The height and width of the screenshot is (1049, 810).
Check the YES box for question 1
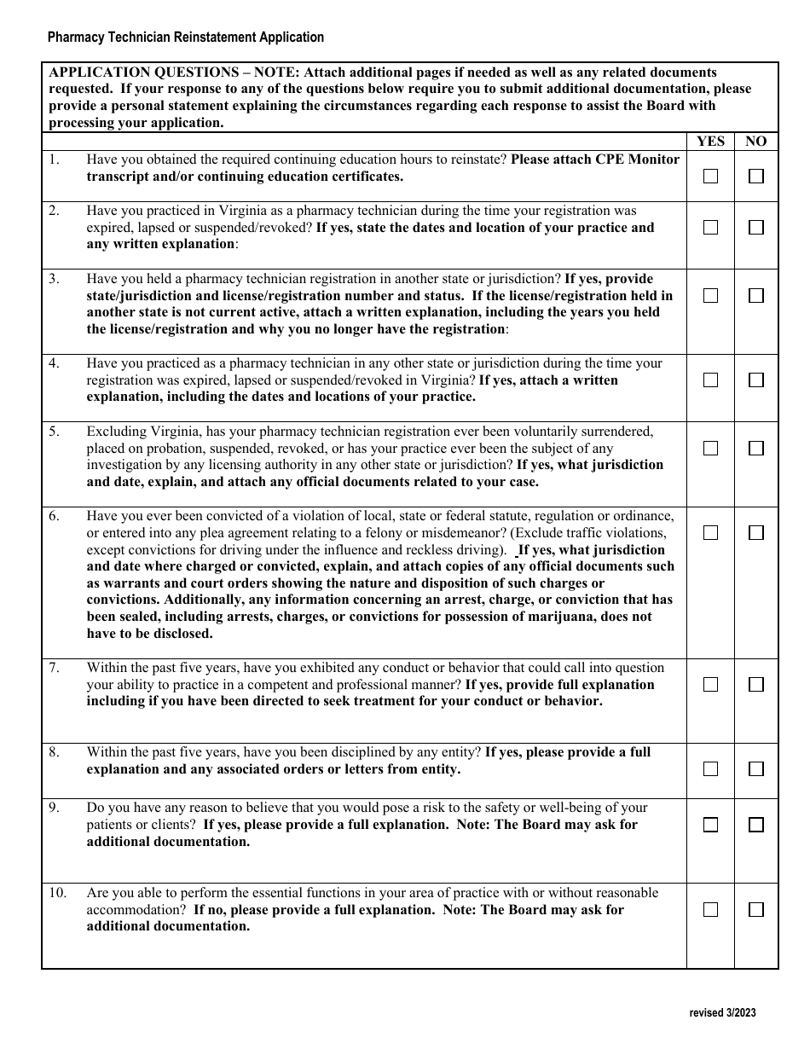click(x=710, y=177)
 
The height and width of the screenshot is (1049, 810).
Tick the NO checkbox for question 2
click(x=755, y=228)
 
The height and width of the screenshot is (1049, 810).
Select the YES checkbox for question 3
click(x=710, y=295)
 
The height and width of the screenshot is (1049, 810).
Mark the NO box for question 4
click(x=755, y=380)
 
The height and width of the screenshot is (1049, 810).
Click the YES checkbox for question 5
click(x=710, y=448)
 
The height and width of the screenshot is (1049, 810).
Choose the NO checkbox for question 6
click(x=755, y=533)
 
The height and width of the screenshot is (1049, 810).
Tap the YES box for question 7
click(x=710, y=684)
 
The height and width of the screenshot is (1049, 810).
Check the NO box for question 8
click(x=755, y=769)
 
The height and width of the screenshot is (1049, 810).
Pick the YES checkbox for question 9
click(x=710, y=825)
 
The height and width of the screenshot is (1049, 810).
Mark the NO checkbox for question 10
click(x=755, y=910)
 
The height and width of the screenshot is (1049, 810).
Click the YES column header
click(x=710, y=142)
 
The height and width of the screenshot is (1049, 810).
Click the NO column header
click(x=755, y=142)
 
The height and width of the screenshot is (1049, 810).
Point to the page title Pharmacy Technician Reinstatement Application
click(x=186, y=38)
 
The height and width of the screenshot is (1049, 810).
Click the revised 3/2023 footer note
click(x=722, y=1013)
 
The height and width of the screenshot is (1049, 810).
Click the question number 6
click(x=54, y=516)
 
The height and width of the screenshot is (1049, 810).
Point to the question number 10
click(x=56, y=893)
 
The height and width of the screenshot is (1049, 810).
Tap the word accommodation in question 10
click(x=135, y=910)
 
